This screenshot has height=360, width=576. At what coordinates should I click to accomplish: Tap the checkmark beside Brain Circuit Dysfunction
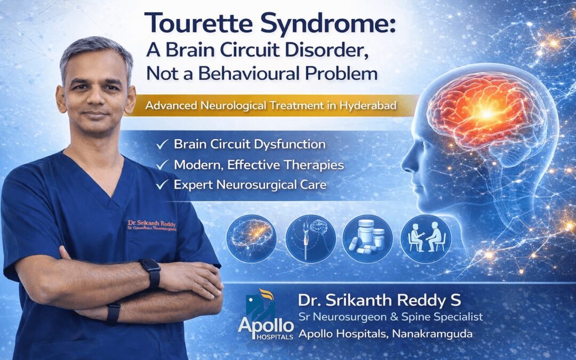click(162, 144)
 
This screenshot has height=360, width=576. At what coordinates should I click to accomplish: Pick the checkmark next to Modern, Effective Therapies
click(162, 165)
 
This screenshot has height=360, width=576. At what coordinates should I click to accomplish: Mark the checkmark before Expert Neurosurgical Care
click(162, 185)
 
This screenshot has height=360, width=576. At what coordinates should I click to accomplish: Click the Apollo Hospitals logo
click(266, 318)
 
